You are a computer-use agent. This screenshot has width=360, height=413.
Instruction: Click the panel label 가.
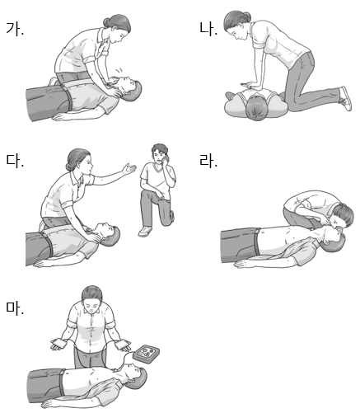15,29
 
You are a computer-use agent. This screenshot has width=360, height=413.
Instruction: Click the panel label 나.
208,29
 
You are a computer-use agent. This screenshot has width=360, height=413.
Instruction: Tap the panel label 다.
15,161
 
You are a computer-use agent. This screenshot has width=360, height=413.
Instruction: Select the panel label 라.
208,161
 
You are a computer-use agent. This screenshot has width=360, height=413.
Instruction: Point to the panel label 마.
15,308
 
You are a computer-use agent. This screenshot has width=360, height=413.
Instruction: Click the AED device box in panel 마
146,354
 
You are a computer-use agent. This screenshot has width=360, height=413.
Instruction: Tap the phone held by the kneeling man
166,158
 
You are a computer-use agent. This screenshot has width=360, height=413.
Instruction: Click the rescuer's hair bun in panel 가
107,22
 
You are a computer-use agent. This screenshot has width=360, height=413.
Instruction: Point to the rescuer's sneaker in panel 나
345,98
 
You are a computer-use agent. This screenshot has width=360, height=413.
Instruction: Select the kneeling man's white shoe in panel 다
145,232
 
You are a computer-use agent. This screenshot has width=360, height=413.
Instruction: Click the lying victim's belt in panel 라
257,242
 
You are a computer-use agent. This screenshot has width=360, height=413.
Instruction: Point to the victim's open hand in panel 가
61,117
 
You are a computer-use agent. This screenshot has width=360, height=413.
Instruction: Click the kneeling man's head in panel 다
160,153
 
